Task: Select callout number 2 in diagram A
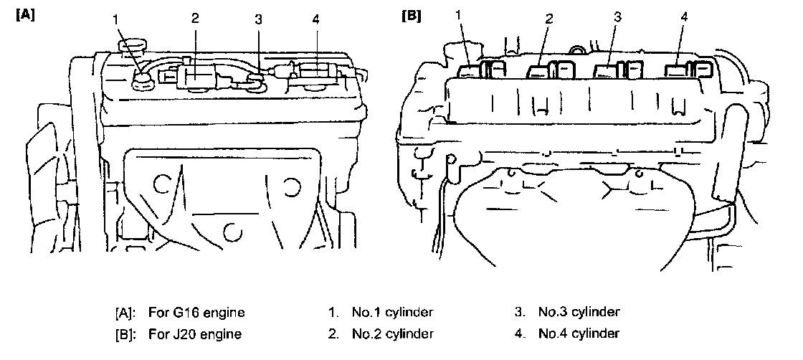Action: pos(194,18)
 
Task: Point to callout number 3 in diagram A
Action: pos(258,19)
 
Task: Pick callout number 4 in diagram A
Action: pos(316,18)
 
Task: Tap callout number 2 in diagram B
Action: pos(549,19)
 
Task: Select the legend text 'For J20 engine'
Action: pos(195,333)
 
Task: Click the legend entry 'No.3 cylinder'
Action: pos(577,313)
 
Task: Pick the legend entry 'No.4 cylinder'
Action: pos(577,333)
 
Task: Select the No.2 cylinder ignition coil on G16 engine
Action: pos(197,75)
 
